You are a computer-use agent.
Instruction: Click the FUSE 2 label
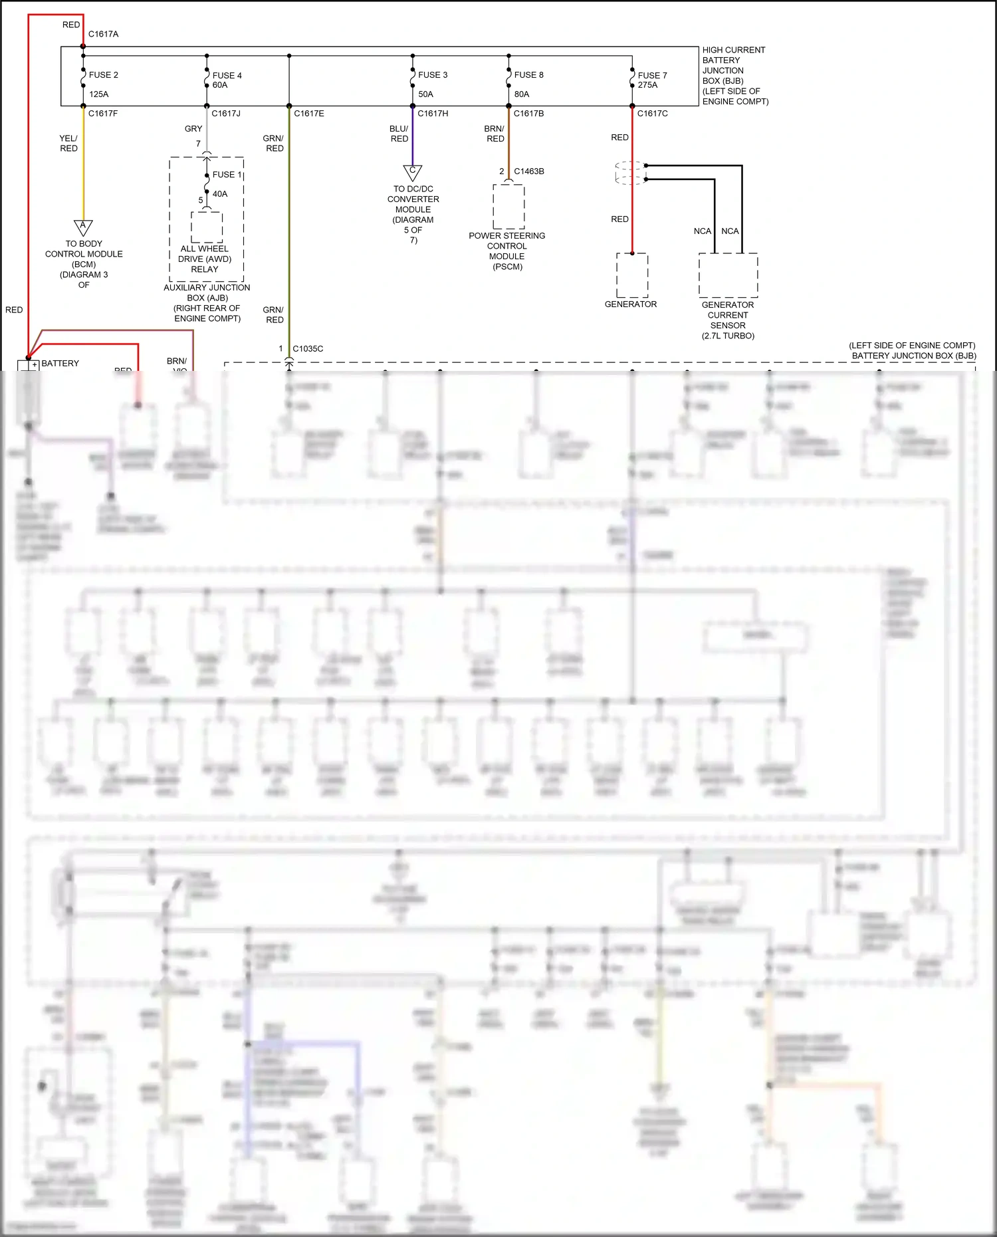pos(103,75)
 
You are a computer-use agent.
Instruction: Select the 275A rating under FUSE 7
pos(647,85)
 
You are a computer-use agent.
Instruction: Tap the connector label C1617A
pos(103,34)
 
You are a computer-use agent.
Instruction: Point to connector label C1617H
pos(433,114)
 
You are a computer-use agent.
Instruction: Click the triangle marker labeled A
pos(83,227)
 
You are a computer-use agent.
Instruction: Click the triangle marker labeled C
pos(413,172)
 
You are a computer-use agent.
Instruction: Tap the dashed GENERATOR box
pos(632,275)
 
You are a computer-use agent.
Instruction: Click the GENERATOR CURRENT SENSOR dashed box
pos(728,275)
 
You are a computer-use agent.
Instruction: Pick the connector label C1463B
pos(529,171)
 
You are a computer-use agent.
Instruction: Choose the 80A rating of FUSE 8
pos(522,94)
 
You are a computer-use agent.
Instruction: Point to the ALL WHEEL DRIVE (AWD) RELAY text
pos(205,259)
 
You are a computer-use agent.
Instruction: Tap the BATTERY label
pos(60,364)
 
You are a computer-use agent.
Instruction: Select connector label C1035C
pos(308,349)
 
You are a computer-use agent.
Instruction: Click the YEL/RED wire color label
pos(68,144)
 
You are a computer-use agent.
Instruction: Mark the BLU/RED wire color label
pos(399,134)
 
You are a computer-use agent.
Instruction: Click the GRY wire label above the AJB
pos(193,129)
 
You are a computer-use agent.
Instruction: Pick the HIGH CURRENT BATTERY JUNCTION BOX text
pos(734,75)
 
